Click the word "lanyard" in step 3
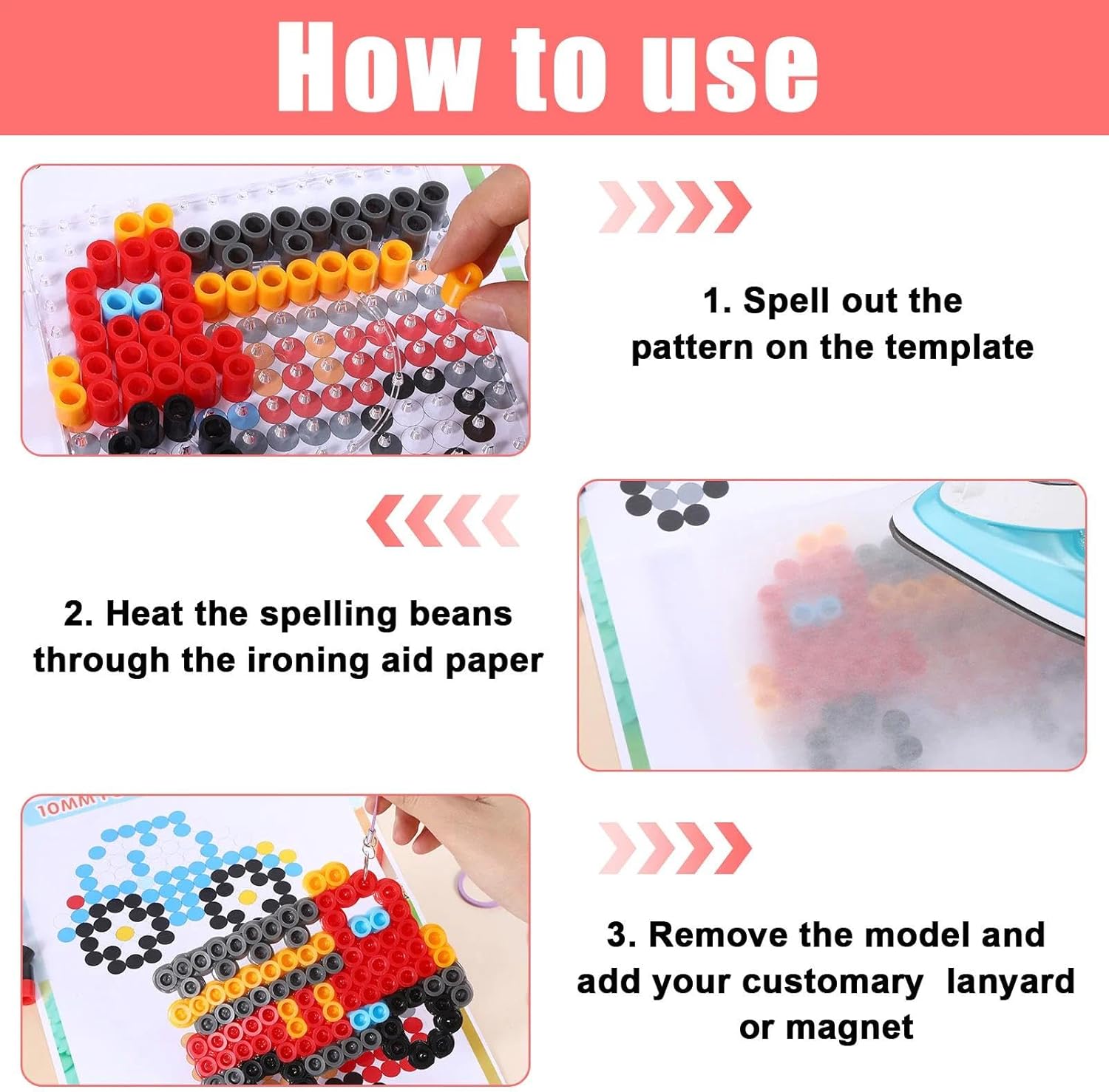point(1011,983)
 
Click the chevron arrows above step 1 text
point(674,207)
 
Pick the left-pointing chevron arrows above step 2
point(443,521)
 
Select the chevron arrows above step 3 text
point(674,848)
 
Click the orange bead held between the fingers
point(461,284)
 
